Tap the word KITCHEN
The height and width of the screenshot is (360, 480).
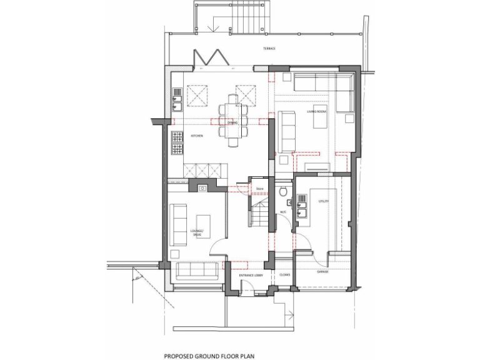click(179, 136)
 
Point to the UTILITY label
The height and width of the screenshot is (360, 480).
click(323, 201)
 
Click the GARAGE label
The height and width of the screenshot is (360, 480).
click(322, 272)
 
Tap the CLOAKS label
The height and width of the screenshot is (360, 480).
click(284, 275)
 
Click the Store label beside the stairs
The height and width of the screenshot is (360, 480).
click(260, 188)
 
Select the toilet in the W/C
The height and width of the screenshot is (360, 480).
click(284, 191)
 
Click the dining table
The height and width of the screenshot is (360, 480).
click(232, 120)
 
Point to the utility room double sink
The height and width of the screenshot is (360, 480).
click(302, 207)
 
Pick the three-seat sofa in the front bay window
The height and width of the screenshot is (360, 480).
click(197, 271)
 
